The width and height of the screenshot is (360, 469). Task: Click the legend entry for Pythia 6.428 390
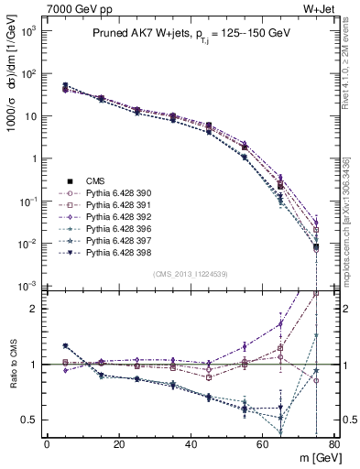(114, 194)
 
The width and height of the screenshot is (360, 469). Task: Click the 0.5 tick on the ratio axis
(30, 420)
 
